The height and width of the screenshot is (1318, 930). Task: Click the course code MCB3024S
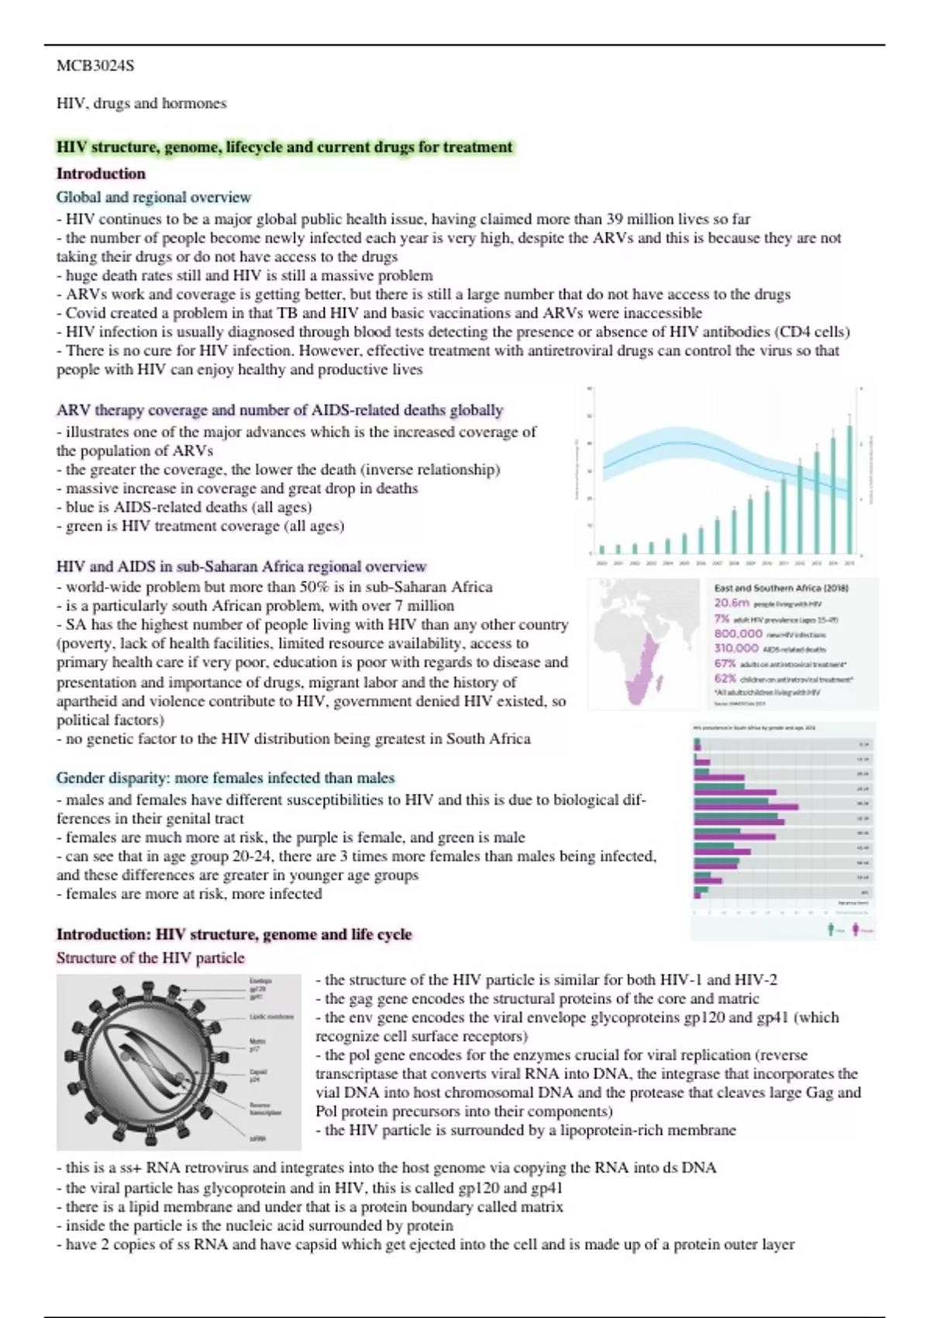point(95,66)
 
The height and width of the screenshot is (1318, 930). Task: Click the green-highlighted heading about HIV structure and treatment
point(284,147)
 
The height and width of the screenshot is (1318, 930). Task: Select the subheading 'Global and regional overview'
point(153,197)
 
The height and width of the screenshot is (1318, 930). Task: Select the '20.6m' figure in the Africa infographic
point(732,602)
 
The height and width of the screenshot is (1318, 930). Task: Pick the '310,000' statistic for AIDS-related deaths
point(735,648)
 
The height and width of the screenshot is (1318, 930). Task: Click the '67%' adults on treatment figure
point(725,664)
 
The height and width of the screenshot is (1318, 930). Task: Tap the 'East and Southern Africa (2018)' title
point(780,588)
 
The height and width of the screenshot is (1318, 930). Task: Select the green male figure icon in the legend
point(832,929)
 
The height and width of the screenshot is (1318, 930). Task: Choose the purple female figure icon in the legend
point(856,929)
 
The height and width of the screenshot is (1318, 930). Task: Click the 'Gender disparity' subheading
point(225,778)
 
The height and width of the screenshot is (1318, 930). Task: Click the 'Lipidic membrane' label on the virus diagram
point(270,1016)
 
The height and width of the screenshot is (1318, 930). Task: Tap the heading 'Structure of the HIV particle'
point(150,957)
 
